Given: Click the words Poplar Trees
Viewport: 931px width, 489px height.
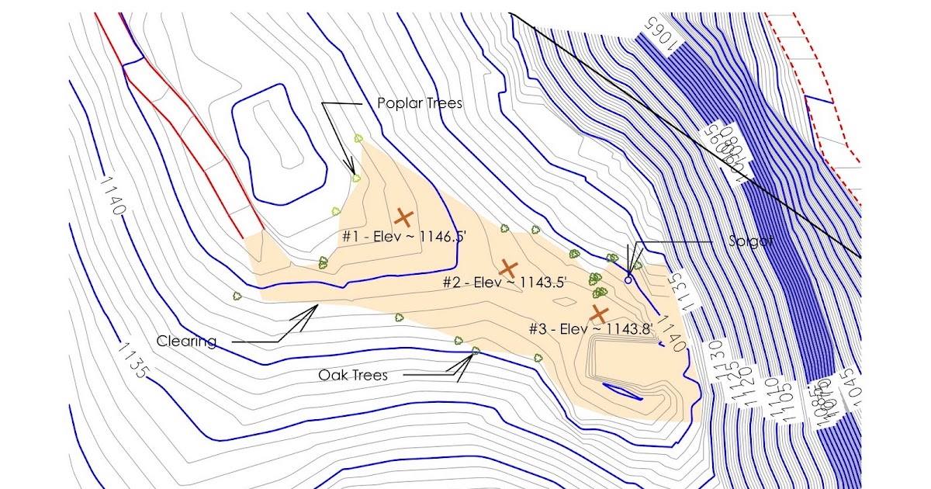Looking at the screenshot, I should tap(419, 103).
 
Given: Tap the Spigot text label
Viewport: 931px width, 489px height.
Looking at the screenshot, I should tap(750, 241).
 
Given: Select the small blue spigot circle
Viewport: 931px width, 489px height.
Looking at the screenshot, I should tap(628, 279).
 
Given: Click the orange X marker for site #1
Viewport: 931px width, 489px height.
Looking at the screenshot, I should tap(403, 217).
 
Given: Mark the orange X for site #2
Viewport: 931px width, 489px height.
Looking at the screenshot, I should tap(508, 269).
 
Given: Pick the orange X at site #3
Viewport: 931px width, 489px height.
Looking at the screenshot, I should tap(599, 314).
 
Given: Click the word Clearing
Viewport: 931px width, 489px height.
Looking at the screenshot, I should tap(186, 341).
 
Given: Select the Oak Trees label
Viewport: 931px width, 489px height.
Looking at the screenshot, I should tap(352, 375).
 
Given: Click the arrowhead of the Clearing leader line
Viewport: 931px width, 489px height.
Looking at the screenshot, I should tap(317, 307).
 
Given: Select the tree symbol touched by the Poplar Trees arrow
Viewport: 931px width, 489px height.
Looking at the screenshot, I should tap(356, 178).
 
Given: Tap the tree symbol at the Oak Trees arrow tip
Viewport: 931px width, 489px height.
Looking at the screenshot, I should tap(476, 352).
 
